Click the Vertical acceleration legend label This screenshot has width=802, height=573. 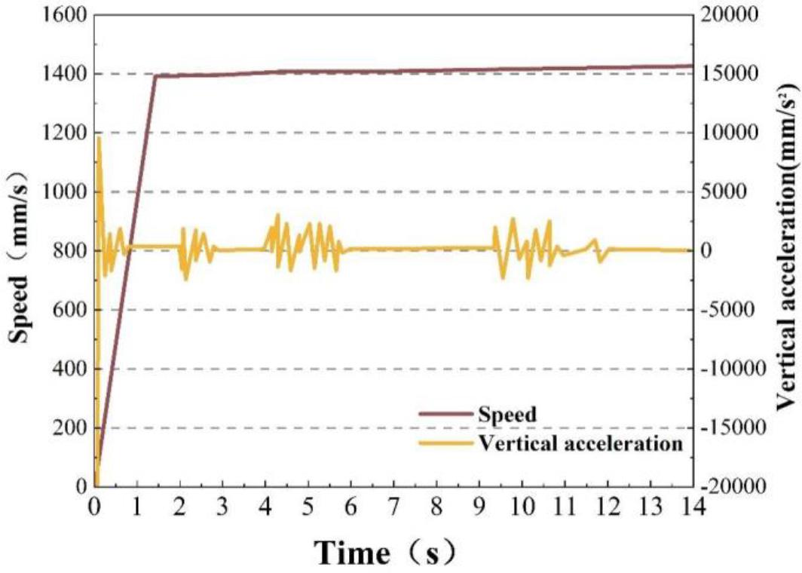tap(580, 443)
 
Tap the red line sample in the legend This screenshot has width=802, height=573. tap(446, 414)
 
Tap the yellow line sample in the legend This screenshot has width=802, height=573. tap(446, 443)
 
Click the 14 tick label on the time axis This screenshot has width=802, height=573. tap(691, 506)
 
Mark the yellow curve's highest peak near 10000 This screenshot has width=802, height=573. tap(99, 137)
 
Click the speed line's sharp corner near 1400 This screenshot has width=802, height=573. tap(155, 75)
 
